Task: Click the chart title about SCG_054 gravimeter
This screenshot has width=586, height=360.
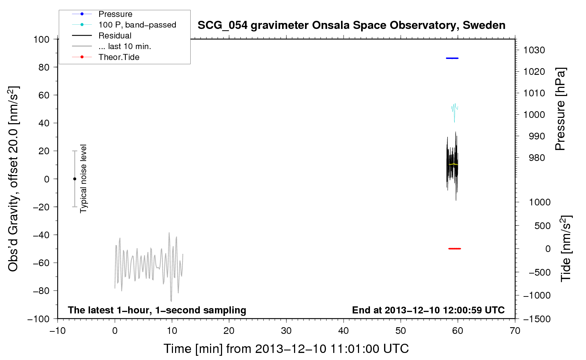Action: pos(351,25)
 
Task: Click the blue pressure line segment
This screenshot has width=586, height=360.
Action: pos(452,58)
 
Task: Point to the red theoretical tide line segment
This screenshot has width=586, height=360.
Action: pos(454,248)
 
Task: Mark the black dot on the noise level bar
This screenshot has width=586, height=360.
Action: pos(74,179)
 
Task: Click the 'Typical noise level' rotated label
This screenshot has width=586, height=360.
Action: pos(83,179)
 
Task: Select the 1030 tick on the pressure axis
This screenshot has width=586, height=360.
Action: pos(534,50)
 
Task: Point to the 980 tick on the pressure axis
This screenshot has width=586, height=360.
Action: pos(537,158)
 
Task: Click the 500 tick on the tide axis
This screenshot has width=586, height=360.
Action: pos(542,226)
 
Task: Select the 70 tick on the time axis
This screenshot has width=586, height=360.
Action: pos(515,331)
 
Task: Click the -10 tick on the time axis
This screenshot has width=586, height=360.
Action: pos(58,331)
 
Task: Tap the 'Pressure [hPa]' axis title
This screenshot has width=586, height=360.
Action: pos(560,109)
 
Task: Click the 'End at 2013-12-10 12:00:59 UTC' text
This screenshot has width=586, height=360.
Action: pos(428,310)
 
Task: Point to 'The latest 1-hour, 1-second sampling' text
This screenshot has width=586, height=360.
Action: pos(157,310)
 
